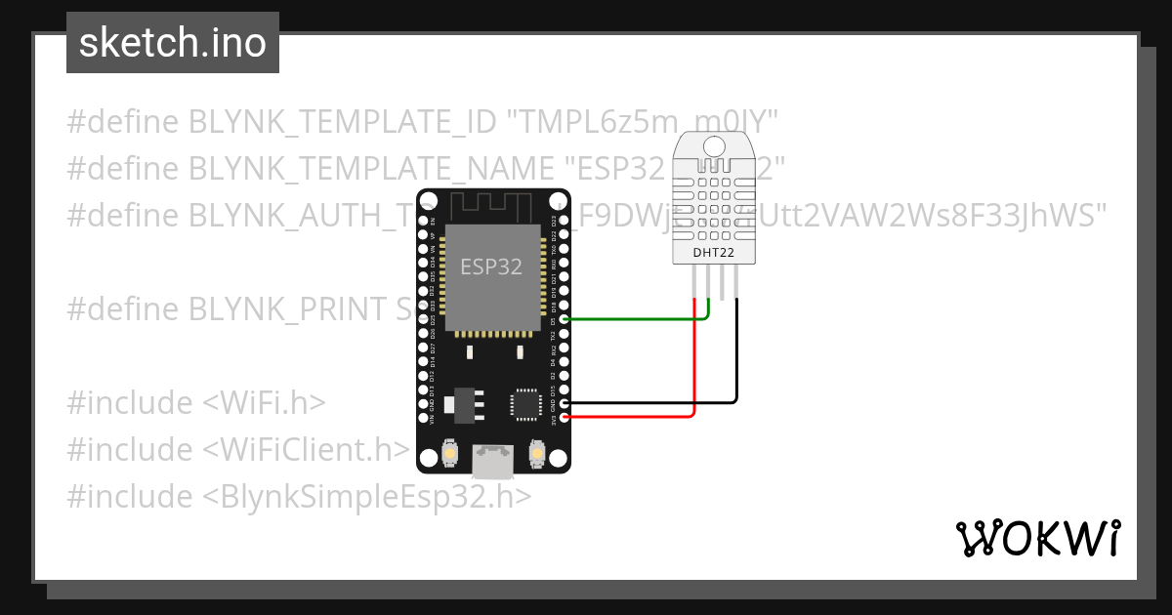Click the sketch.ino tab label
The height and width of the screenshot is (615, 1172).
(x=172, y=43)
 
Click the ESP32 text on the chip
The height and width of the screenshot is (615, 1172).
(x=491, y=266)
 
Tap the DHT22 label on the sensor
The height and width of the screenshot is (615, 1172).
(x=713, y=253)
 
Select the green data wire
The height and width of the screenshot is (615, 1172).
(x=635, y=318)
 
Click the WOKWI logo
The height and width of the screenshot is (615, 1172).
(x=1037, y=538)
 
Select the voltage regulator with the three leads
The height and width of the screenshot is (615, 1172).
(x=460, y=404)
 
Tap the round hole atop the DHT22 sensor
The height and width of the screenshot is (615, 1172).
(x=714, y=146)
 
